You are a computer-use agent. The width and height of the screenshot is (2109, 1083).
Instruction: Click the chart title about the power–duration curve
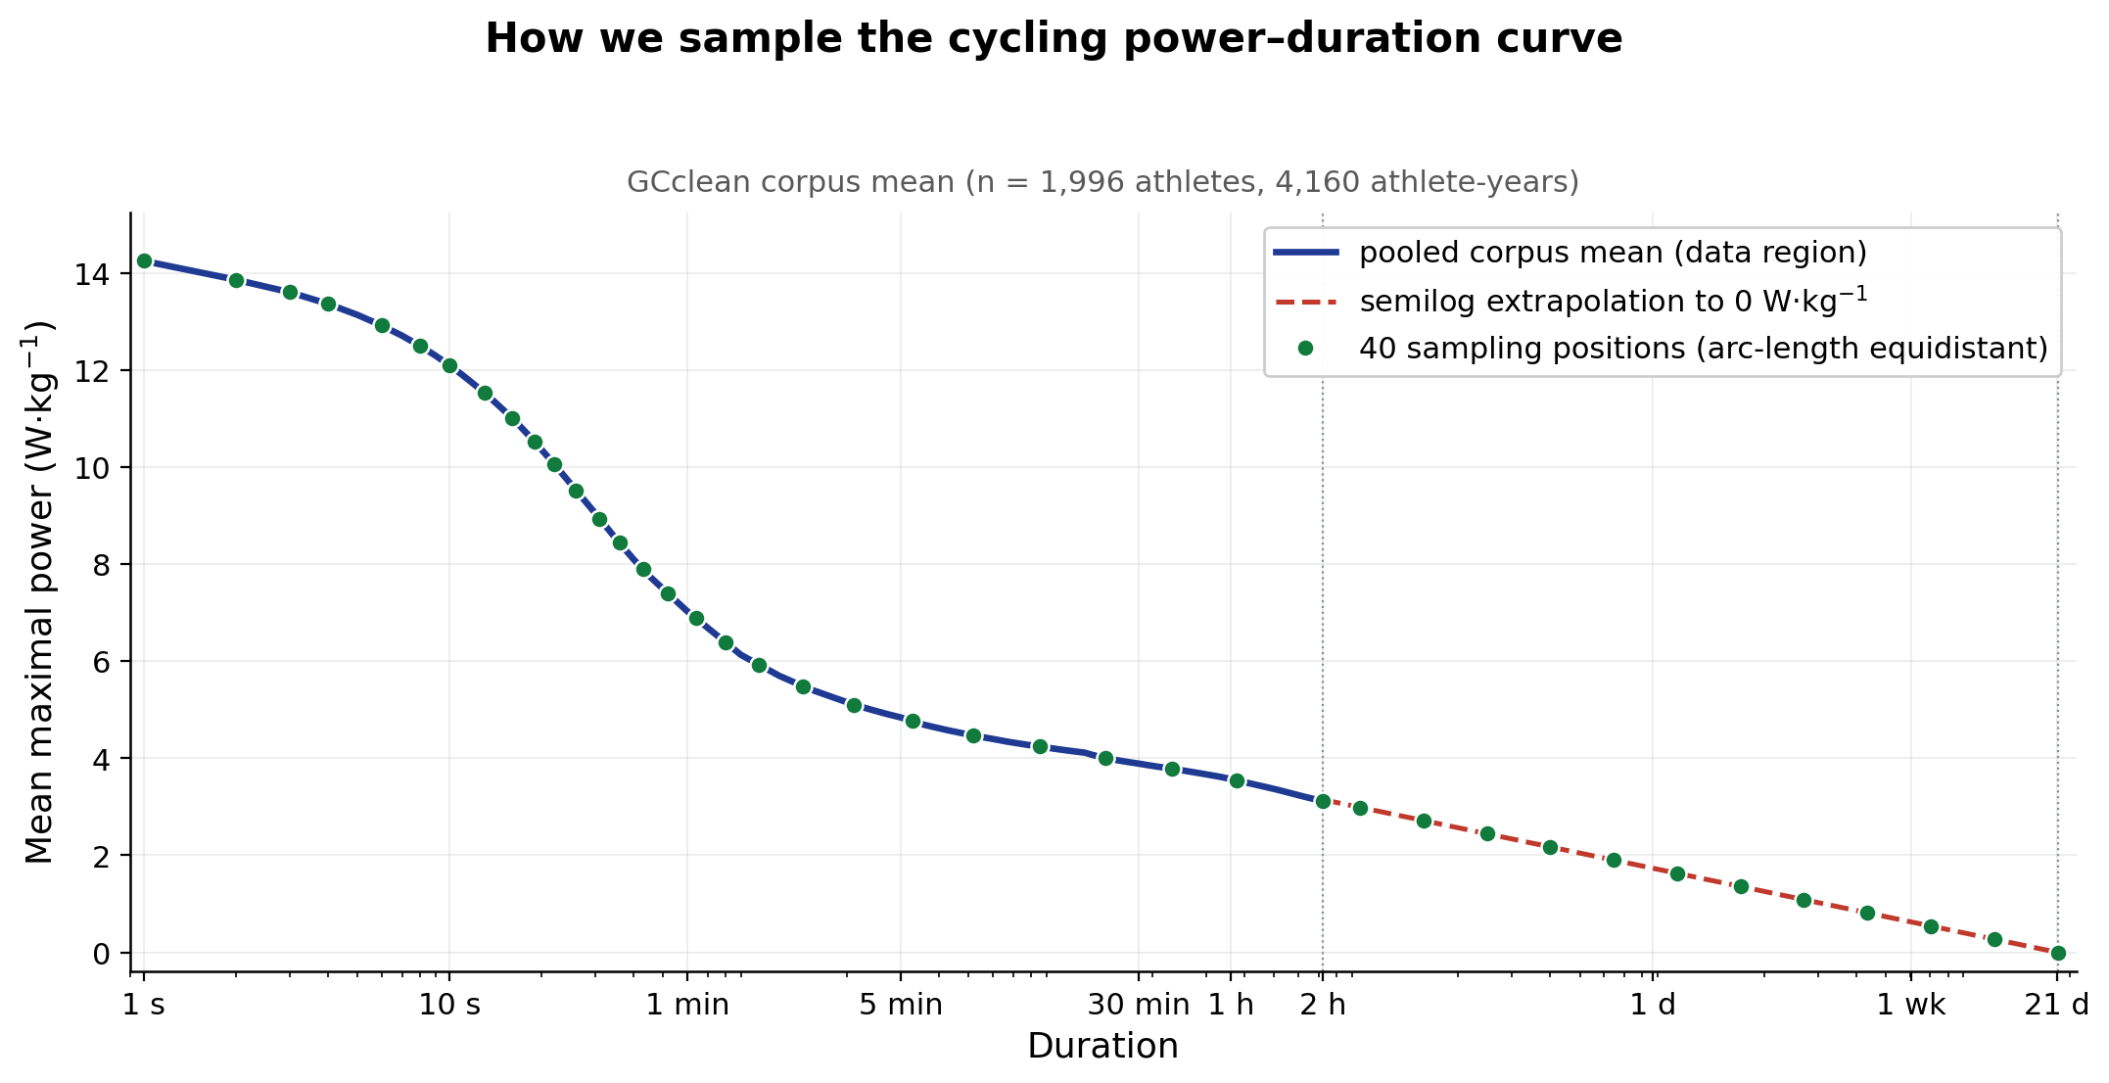pyautogui.click(x=1054, y=39)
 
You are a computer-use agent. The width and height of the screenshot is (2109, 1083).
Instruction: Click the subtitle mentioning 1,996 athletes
pyautogui.click(x=1102, y=182)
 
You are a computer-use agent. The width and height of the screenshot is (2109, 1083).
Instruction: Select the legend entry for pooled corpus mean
pyautogui.click(x=1613, y=253)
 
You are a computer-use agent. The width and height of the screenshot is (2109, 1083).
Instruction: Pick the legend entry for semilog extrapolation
pyautogui.click(x=1613, y=301)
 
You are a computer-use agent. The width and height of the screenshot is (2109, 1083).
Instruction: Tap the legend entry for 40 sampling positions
pyautogui.click(x=1703, y=349)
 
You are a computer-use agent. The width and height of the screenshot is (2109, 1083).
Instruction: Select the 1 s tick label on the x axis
pyautogui.click(x=144, y=1005)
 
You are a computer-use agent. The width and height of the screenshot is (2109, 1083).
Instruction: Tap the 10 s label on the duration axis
pyautogui.click(x=449, y=1005)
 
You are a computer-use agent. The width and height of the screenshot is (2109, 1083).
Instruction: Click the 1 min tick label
pyautogui.click(x=687, y=1005)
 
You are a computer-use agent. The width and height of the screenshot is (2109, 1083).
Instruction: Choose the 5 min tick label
pyautogui.click(x=901, y=1005)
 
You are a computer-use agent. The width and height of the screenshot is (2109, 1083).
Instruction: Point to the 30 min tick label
pyautogui.click(x=1138, y=1005)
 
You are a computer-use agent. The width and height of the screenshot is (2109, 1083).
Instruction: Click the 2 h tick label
pyautogui.click(x=1323, y=1005)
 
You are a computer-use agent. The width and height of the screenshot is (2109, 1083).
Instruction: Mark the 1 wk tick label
pyautogui.click(x=1910, y=1005)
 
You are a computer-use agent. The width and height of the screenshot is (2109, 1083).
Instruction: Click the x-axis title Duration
pyautogui.click(x=1102, y=1047)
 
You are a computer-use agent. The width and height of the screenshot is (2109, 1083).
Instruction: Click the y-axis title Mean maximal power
pyautogui.click(x=39, y=592)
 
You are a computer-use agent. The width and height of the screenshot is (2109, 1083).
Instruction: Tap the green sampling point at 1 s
pyautogui.click(x=144, y=260)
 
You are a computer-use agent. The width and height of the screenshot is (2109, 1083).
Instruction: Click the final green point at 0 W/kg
pyautogui.click(x=2058, y=953)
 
